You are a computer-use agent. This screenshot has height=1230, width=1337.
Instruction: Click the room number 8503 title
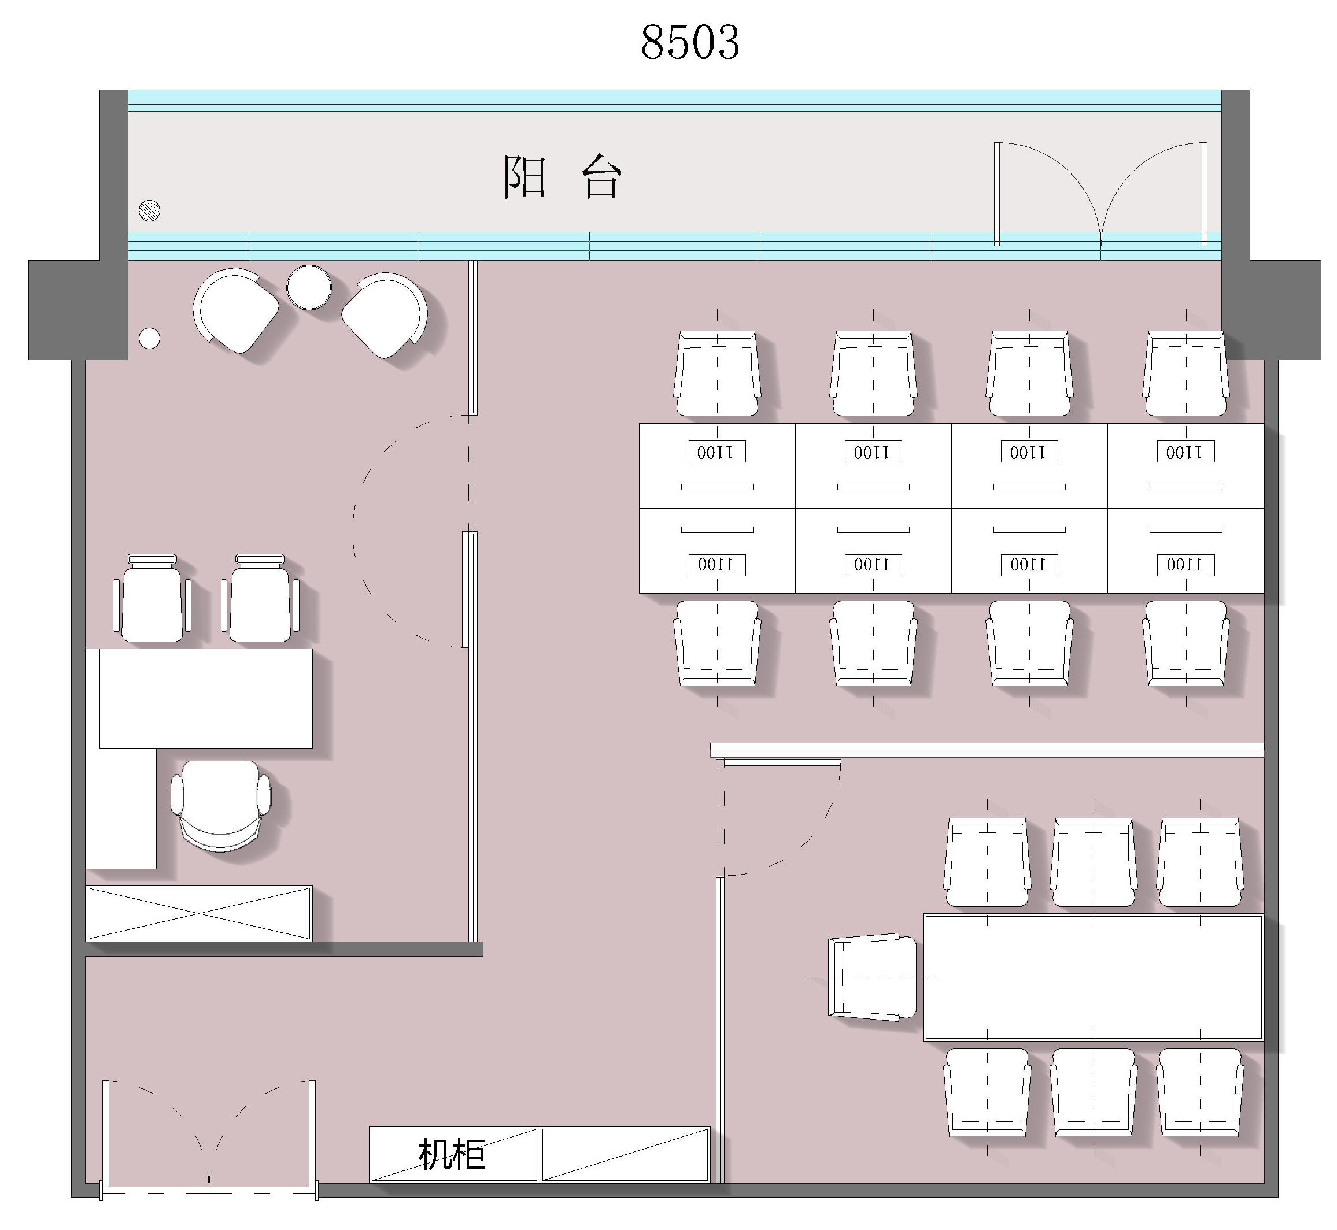(690, 42)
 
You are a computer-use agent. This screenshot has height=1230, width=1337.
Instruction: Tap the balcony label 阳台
(562, 177)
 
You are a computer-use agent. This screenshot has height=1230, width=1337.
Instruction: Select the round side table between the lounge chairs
(309, 287)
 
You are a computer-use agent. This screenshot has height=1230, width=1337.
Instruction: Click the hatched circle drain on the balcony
(149, 210)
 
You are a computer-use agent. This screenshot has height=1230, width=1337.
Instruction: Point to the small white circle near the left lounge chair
(149, 338)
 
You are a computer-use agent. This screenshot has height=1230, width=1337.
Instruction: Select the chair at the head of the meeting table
(872, 977)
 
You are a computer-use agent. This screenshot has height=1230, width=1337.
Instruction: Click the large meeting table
(1092, 977)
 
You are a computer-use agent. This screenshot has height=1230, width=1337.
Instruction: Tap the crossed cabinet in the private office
(199, 913)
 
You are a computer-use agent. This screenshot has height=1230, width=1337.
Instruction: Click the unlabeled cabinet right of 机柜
(625, 1155)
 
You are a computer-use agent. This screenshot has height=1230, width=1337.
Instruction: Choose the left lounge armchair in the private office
(236, 311)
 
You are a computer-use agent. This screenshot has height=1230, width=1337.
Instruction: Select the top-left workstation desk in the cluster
(717, 466)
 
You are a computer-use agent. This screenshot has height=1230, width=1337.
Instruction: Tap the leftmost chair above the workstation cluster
(717, 374)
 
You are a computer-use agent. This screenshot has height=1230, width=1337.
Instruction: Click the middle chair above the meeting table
(1094, 862)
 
